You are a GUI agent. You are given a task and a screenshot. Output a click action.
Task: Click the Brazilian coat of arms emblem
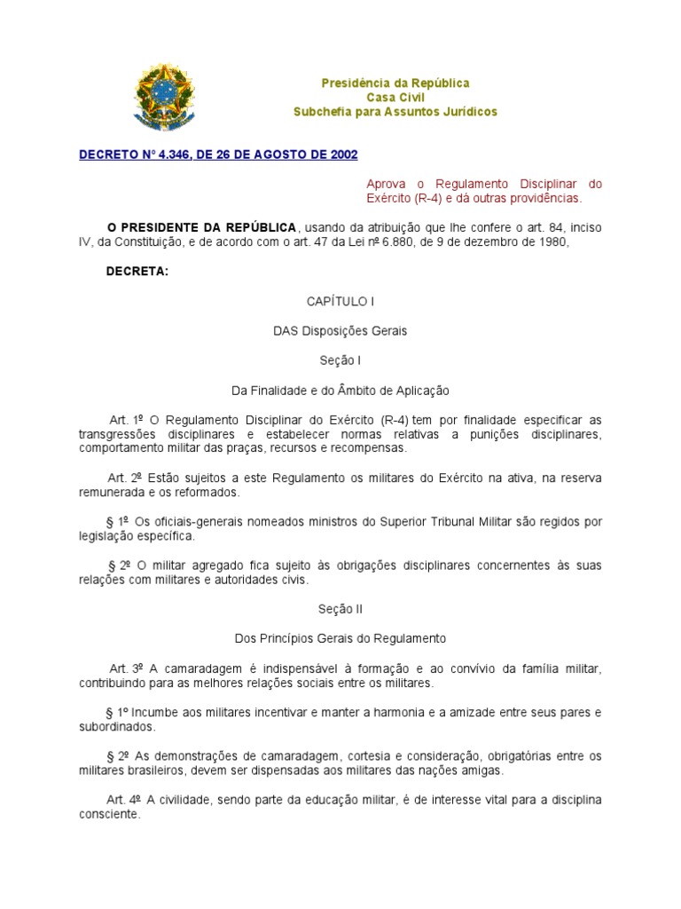click(x=162, y=99)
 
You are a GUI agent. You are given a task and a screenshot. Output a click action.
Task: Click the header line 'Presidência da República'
click(x=395, y=83)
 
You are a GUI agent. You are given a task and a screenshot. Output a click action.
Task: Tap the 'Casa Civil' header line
click(x=395, y=97)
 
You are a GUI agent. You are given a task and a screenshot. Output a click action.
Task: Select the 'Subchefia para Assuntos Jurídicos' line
click(x=395, y=111)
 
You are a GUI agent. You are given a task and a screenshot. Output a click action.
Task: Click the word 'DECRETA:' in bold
click(x=137, y=272)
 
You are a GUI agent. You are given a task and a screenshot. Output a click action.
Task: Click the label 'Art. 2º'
click(x=126, y=478)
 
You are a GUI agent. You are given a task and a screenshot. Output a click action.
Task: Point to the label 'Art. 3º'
click(x=126, y=668)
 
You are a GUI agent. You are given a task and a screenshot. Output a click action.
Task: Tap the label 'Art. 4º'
click(x=126, y=800)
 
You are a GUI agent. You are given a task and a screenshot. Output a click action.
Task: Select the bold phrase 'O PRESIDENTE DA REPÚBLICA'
click(x=202, y=228)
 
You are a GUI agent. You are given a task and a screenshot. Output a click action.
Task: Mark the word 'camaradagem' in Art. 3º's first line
click(x=197, y=668)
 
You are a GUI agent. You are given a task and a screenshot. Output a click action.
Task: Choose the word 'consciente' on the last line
click(x=108, y=814)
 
